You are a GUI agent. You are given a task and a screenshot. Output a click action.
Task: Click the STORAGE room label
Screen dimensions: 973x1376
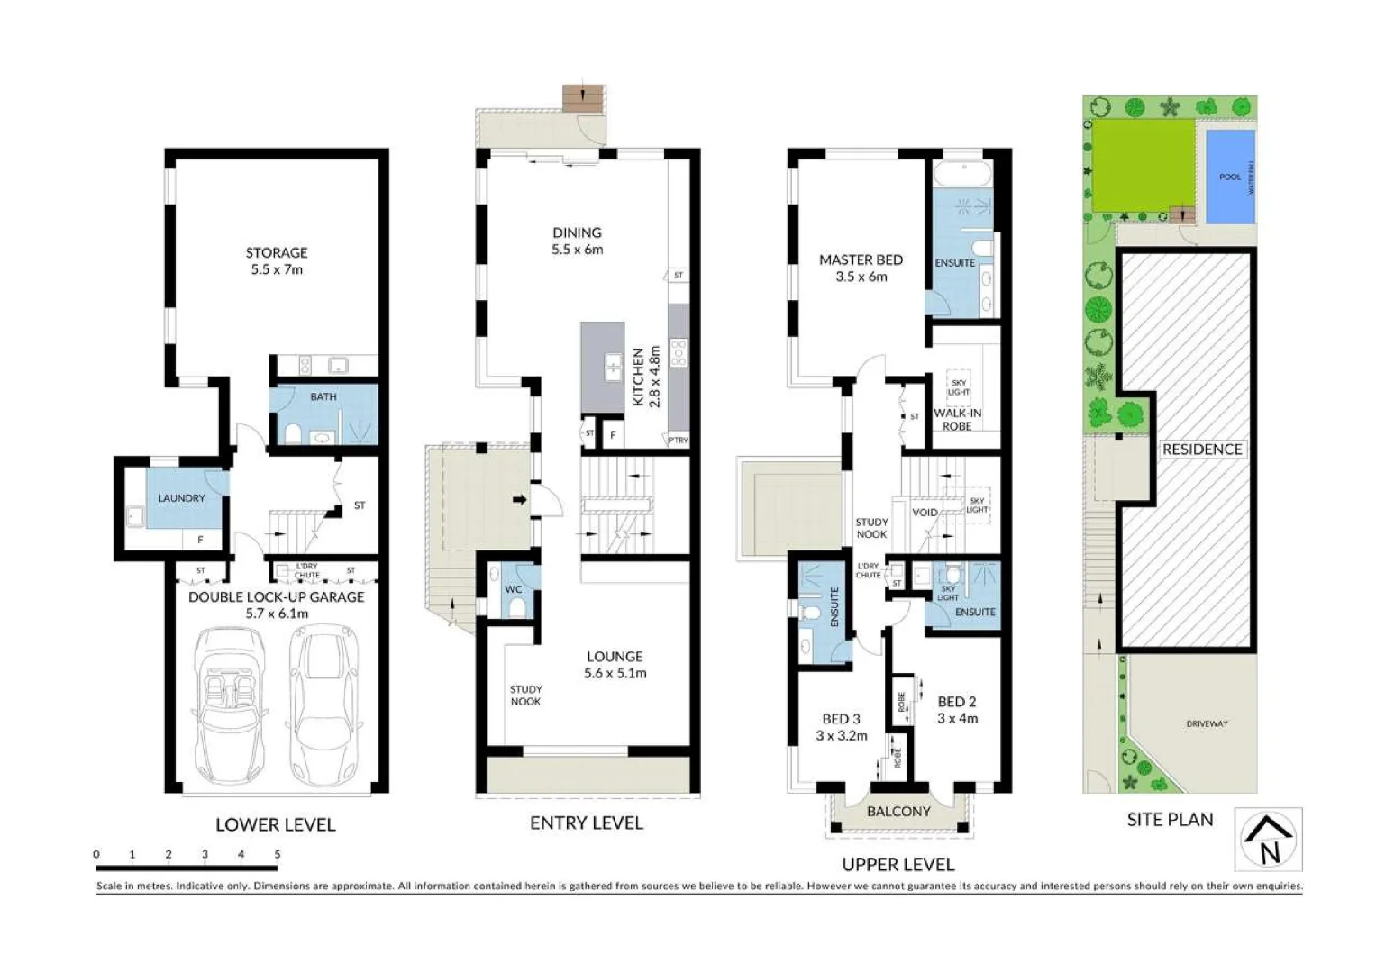pyautogui.click(x=277, y=253)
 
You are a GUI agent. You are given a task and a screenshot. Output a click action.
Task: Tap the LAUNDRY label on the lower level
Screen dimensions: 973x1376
pyautogui.click(x=181, y=498)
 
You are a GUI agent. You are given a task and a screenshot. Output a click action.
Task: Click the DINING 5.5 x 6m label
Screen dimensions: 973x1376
pyautogui.click(x=577, y=241)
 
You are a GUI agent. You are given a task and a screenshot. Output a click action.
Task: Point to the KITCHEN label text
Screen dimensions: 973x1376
pyautogui.click(x=639, y=377)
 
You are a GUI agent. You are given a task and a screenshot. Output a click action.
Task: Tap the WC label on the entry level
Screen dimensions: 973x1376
pyautogui.click(x=514, y=589)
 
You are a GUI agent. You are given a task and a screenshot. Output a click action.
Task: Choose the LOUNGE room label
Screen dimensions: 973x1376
pyautogui.click(x=615, y=657)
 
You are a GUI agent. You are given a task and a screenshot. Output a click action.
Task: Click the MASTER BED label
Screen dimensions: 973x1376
pyautogui.click(x=861, y=259)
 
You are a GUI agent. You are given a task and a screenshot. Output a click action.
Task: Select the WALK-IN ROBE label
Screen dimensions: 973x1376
pyautogui.click(x=957, y=419)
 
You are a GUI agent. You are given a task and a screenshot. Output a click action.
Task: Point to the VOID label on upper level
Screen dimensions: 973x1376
pyautogui.click(x=925, y=513)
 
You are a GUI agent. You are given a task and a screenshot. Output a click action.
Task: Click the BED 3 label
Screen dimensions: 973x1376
pyautogui.click(x=841, y=719)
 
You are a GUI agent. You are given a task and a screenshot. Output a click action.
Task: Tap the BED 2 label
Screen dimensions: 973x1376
pyautogui.click(x=956, y=702)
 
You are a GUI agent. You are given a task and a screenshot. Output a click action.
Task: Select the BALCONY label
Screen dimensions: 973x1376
pyautogui.click(x=898, y=812)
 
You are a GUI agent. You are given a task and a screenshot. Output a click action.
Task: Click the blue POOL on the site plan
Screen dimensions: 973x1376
pyautogui.click(x=1229, y=177)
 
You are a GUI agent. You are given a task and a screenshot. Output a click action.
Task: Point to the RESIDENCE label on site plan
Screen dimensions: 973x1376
pyautogui.click(x=1201, y=449)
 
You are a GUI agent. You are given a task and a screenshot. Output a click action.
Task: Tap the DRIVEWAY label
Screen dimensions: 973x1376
pyautogui.click(x=1207, y=723)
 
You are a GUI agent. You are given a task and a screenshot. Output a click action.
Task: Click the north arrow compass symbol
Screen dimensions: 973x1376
pyautogui.click(x=1268, y=839)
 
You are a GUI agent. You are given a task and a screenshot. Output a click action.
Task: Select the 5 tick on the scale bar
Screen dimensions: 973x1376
pyautogui.click(x=278, y=855)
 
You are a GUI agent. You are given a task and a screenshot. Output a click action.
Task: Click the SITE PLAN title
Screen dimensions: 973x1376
pyautogui.click(x=1170, y=820)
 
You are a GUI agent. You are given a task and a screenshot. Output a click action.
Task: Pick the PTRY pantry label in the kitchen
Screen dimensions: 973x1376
pyautogui.click(x=678, y=441)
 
